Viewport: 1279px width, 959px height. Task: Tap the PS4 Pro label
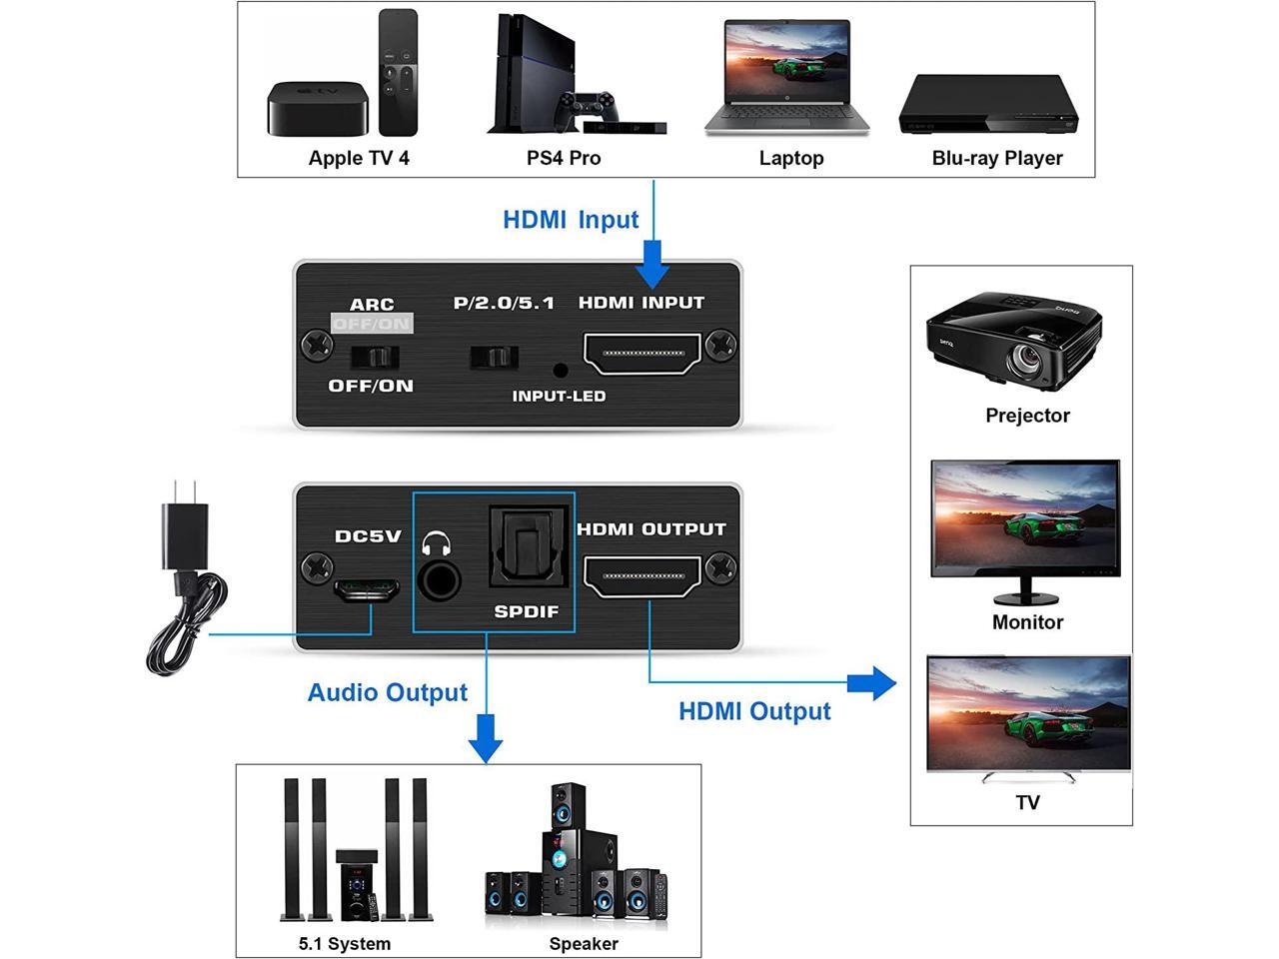[564, 158]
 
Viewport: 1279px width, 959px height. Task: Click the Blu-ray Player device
[988, 104]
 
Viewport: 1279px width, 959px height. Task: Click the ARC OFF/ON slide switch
[376, 357]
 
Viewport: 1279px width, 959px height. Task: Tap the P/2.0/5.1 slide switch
[494, 357]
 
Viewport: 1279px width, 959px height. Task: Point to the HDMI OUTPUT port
[642, 578]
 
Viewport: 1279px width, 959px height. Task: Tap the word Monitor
[1027, 622]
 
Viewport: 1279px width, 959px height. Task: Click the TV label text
[1027, 802]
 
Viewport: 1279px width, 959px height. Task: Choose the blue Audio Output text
[388, 692]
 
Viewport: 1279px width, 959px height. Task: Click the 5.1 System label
[345, 943]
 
